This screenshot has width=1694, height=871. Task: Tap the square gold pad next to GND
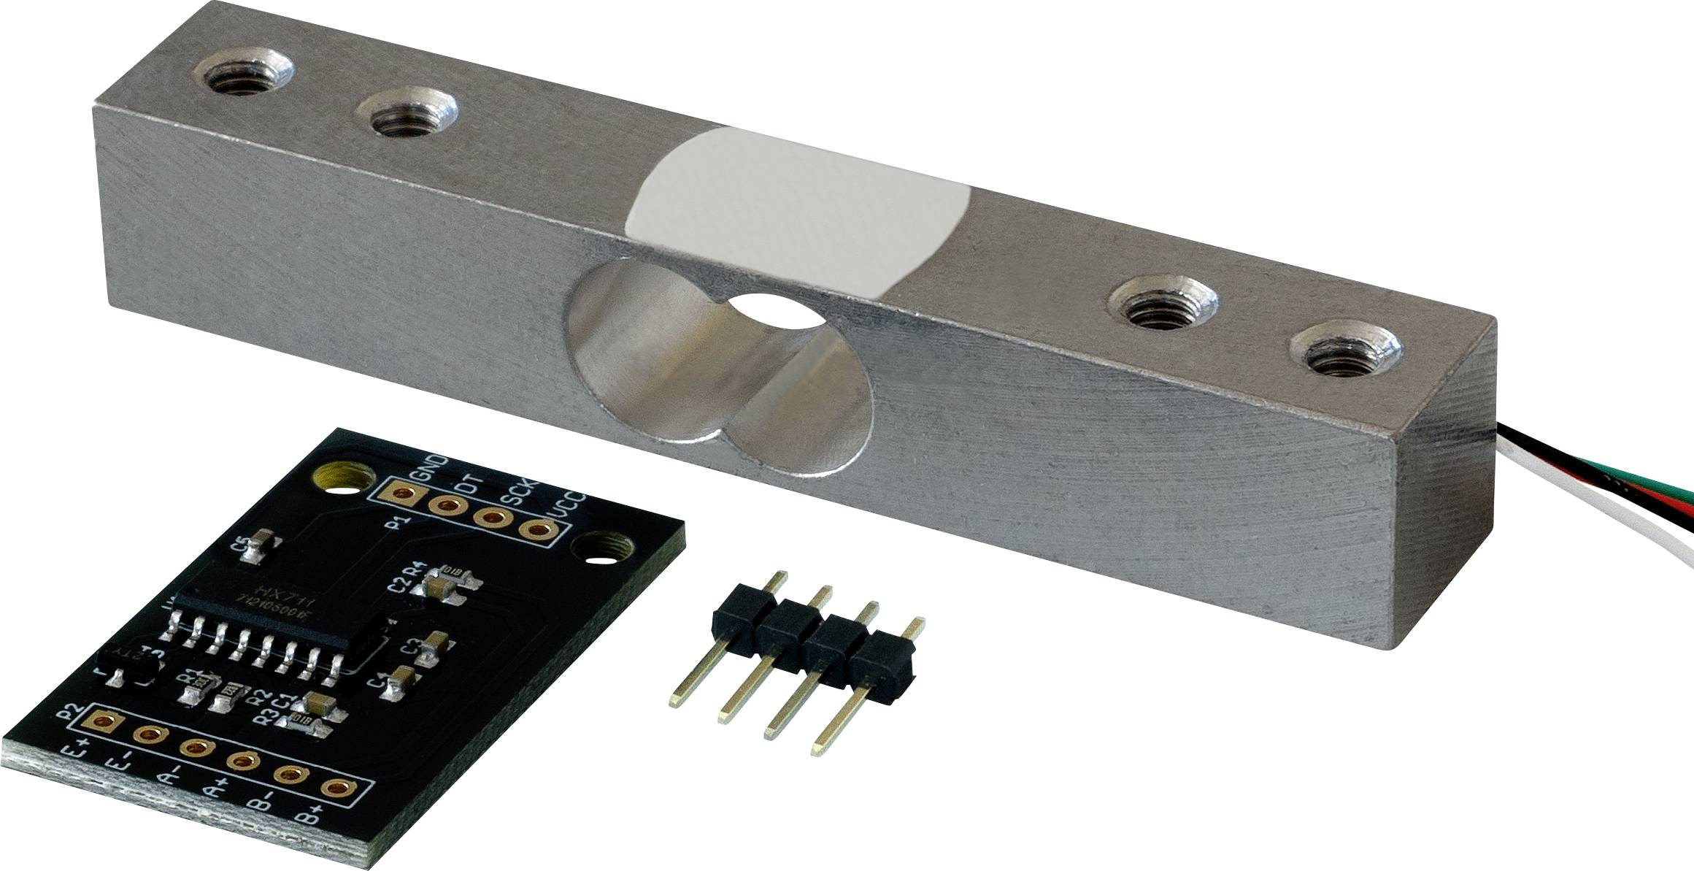pos(401,494)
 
